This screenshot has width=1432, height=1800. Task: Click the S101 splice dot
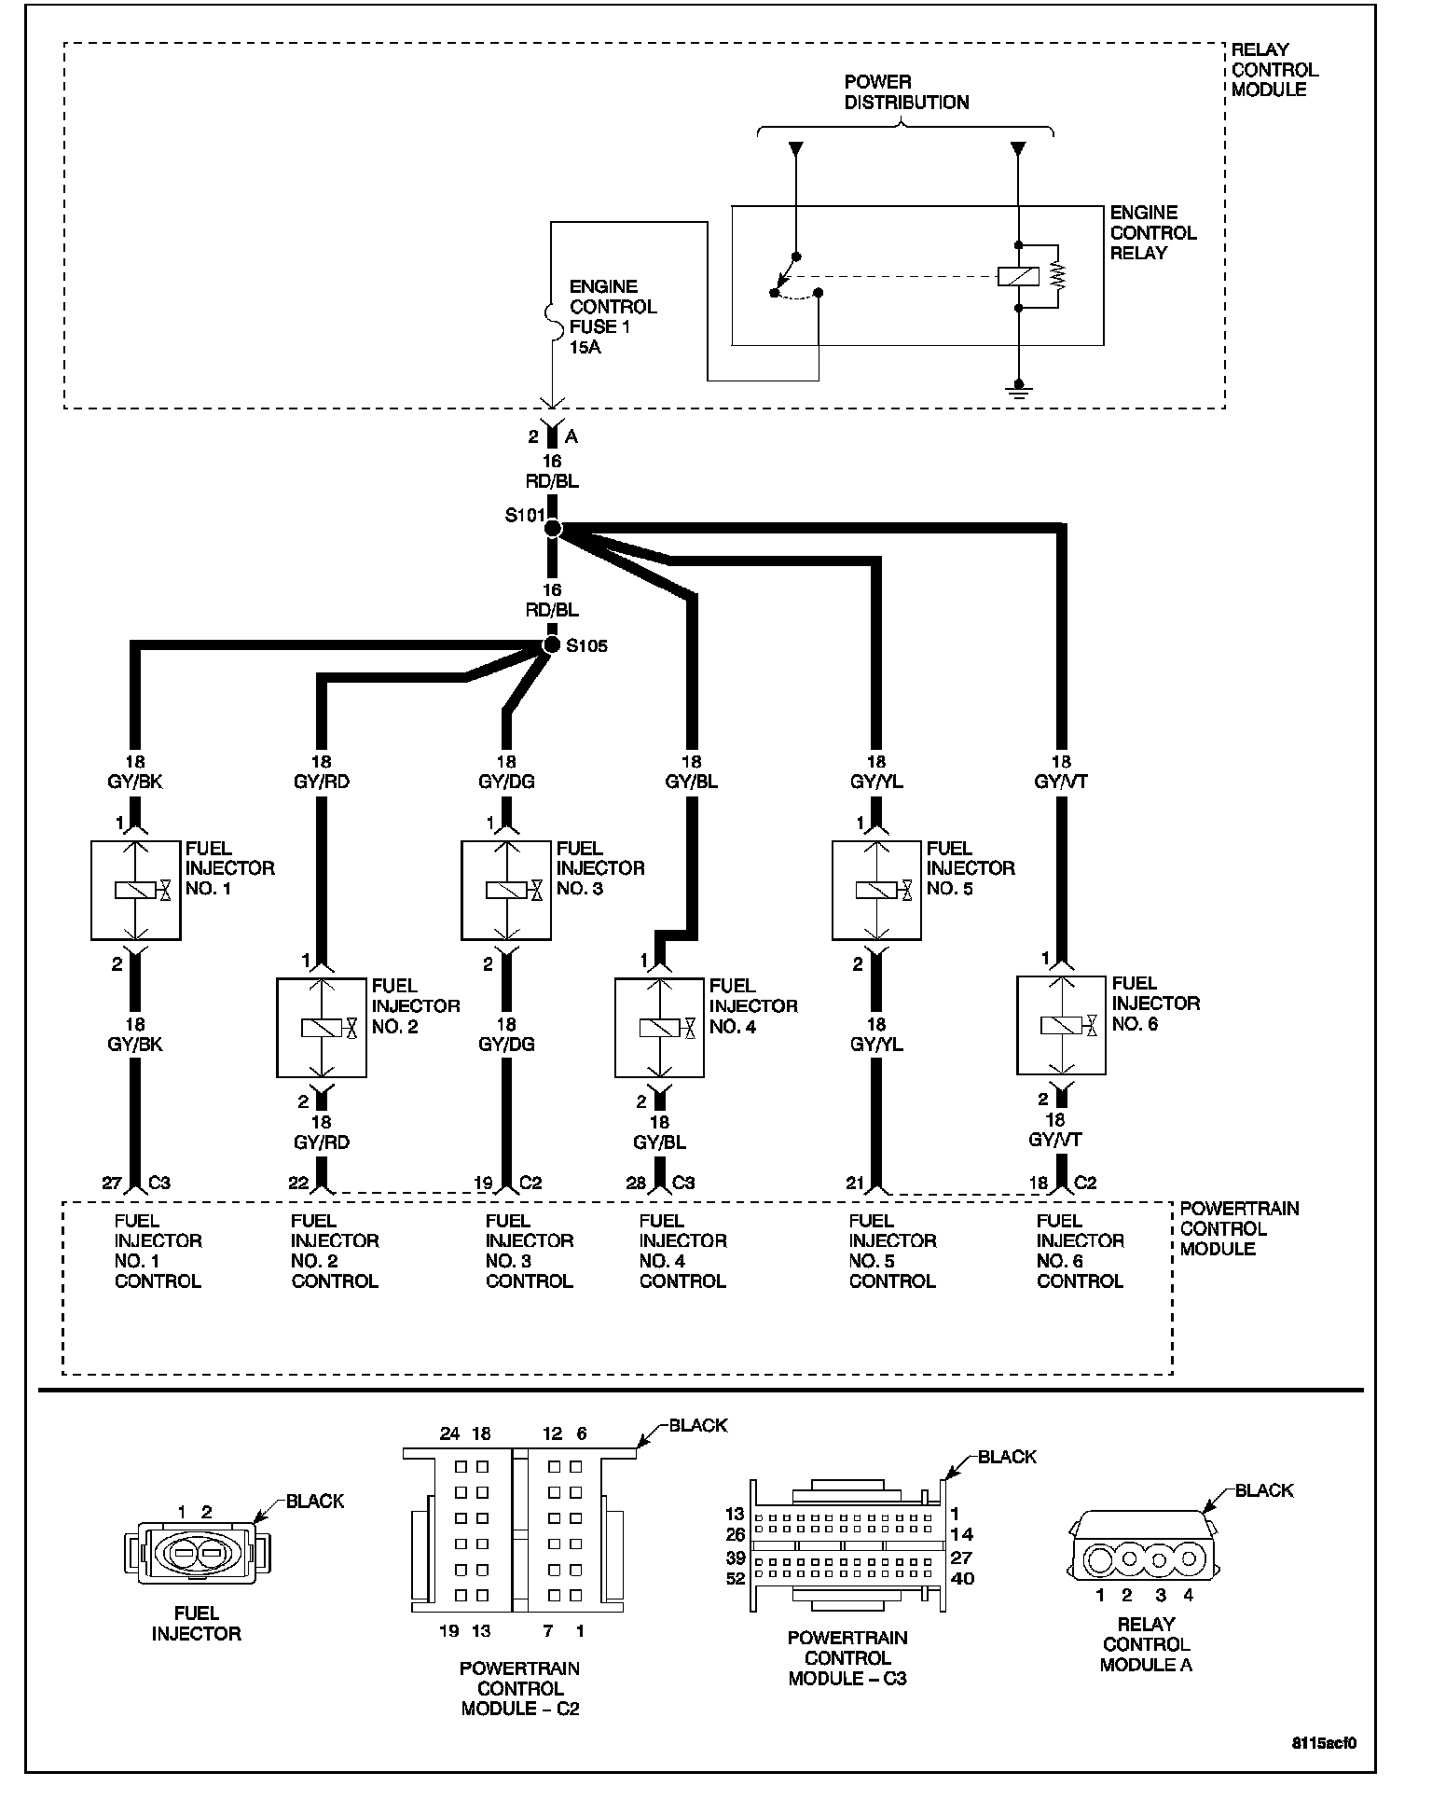click(552, 529)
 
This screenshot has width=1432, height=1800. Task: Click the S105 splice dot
click(552, 644)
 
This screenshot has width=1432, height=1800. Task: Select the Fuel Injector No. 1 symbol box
click(135, 890)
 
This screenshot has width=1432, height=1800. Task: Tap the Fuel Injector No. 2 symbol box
click(321, 1027)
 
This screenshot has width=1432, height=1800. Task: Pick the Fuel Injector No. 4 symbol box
click(659, 1027)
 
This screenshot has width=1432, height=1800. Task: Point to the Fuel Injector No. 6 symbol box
click(1061, 1025)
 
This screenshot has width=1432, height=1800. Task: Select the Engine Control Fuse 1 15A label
click(613, 317)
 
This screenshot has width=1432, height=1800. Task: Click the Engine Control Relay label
click(1152, 233)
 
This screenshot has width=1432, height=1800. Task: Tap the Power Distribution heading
click(906, 92)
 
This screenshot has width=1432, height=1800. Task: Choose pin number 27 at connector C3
click(112, 1183)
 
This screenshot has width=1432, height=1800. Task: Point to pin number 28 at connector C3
click(636, 1183)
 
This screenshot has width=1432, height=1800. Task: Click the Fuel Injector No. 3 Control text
click(529, 1251)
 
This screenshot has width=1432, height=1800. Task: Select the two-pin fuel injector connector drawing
click(196, 1553)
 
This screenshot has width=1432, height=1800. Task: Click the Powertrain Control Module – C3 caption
click(847, 1657)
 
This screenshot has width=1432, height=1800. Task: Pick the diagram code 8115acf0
click(1324, 1741)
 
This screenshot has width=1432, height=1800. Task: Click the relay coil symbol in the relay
click(1018, 276)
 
